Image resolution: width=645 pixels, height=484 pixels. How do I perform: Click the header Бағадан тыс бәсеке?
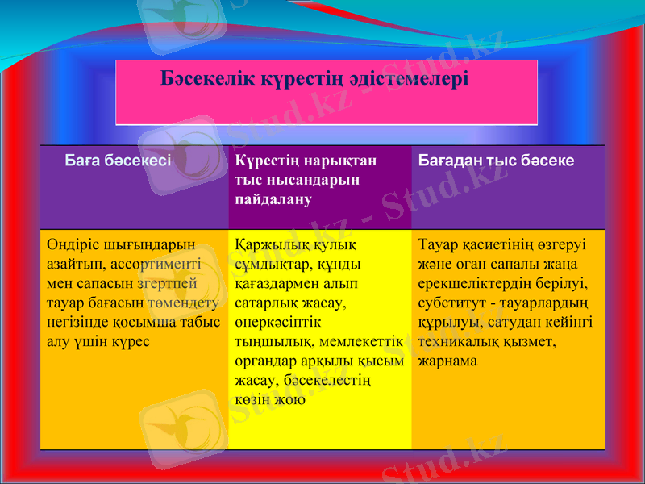pyautogui.click(x=496, y=161)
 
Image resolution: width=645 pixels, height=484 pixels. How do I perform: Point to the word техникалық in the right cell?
pyautogui.click(x=458, y=341)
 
